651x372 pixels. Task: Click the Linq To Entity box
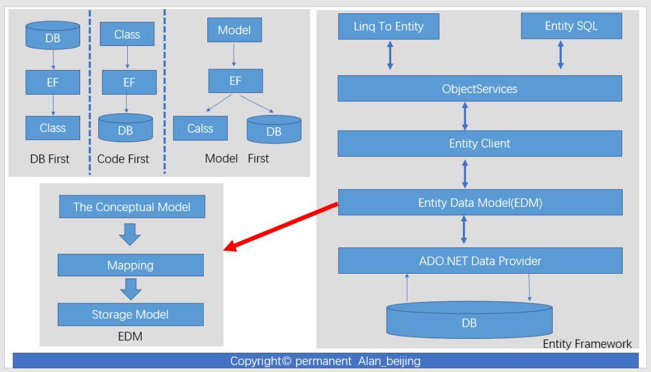click(388, 27)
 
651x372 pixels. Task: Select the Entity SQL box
click(570, 27)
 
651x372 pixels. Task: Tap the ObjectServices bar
click(479, 89)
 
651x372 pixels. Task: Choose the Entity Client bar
click(479, 143)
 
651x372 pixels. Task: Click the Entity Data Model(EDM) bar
click(479, 203)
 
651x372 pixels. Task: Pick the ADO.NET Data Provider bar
click(479, 260)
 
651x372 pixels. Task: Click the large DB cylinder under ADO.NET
click(469, 321)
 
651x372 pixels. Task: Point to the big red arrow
click(281, 227)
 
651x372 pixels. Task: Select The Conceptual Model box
click(131, 207)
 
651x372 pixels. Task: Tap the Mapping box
click(130, 265)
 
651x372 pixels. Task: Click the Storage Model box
click(130, 314)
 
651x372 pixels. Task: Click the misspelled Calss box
click(200, 128)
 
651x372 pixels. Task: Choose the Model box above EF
click(234, 30)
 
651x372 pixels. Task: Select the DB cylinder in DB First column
click(52, 36)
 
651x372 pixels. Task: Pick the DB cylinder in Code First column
click(125, 128)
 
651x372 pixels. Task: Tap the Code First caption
click(123, 159)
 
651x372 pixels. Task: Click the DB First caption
click(49, 159)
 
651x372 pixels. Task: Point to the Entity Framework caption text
click(587, 344)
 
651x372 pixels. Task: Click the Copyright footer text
click(325, 361)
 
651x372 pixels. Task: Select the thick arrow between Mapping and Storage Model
click(130, 289)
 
